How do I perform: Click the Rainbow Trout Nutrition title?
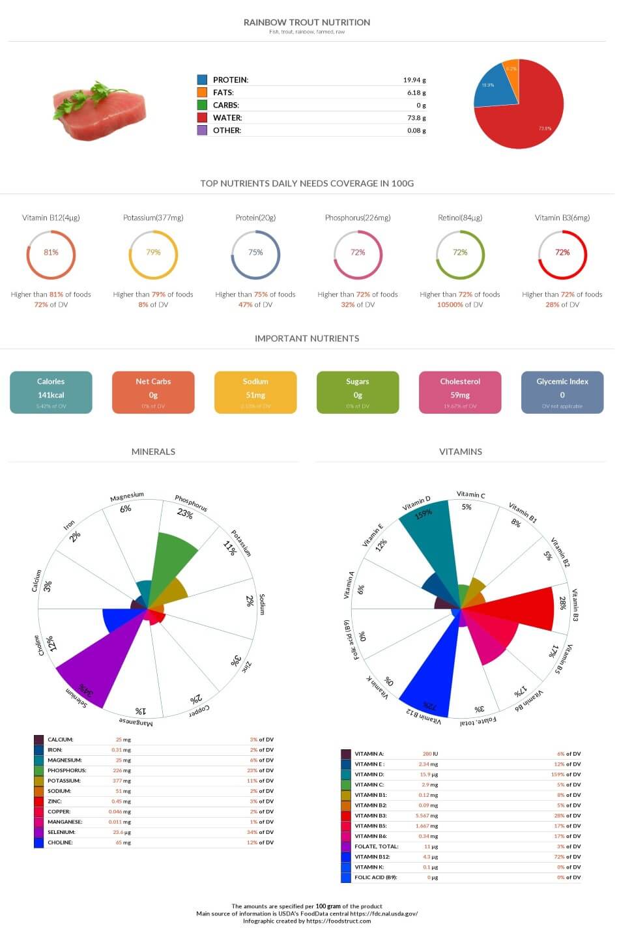tap(306, 22)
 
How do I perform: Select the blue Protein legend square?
tap(202, 79)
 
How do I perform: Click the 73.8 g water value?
tap(416, 118)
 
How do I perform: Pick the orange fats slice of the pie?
tap(511, 76)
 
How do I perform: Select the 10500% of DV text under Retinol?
tap(460, 305)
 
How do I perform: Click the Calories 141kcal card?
tap(51, 392)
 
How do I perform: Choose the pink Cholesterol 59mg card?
tap(460, 392)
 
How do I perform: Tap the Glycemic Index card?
tap(562, 392)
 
